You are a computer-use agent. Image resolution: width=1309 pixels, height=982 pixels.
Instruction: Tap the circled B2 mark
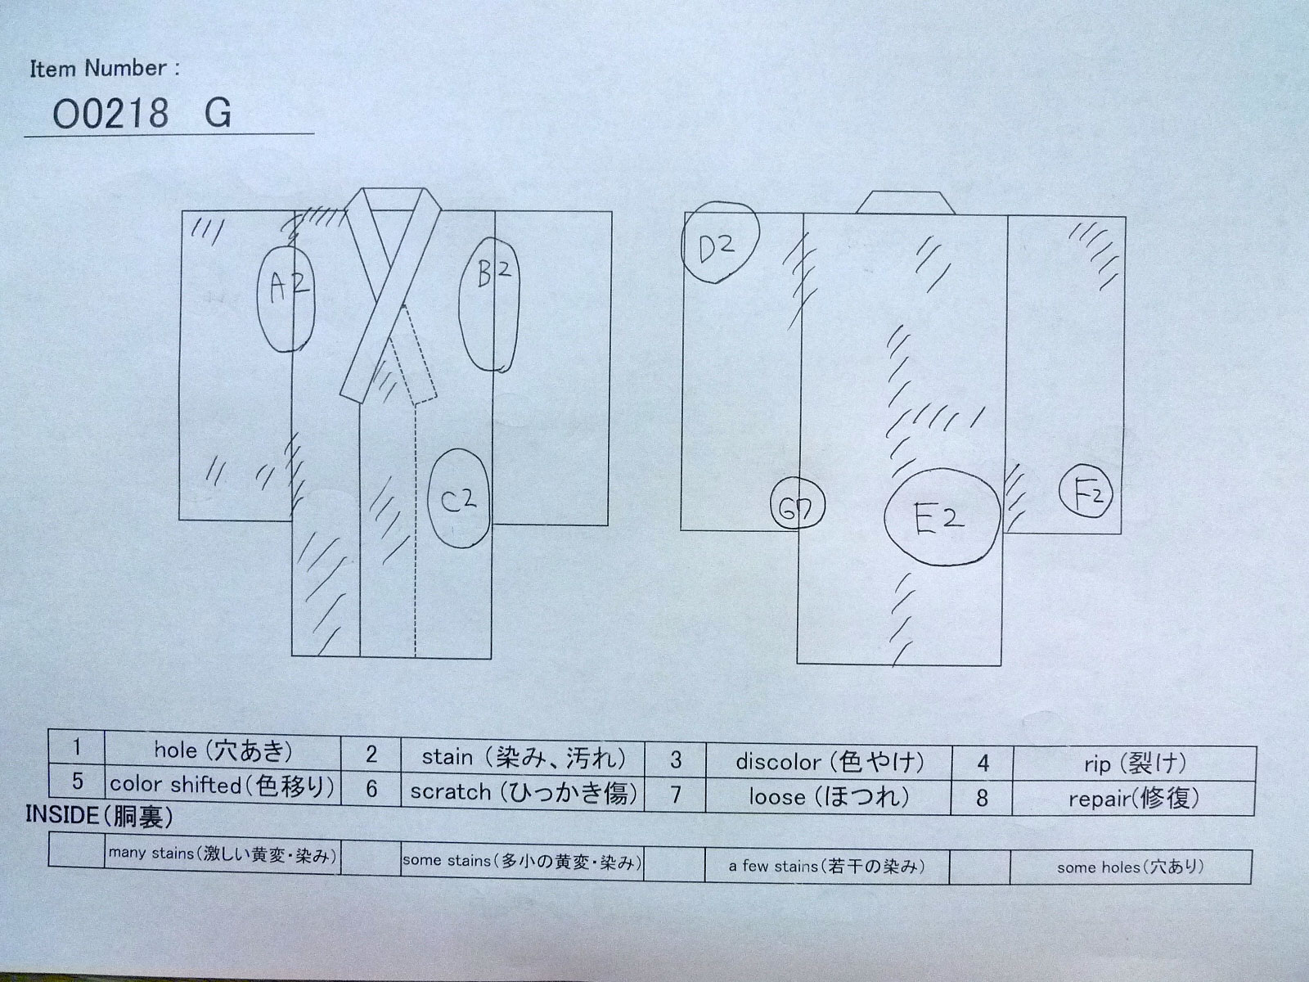click(489, 304)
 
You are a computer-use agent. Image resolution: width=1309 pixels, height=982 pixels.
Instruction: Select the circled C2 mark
click(459, 498)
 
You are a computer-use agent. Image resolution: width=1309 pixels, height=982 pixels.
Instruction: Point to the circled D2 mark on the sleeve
click(720, 242)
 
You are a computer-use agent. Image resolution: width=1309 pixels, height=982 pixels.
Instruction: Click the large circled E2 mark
click(942, 517)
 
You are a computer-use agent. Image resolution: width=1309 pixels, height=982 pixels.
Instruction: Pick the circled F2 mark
click(1086, 491)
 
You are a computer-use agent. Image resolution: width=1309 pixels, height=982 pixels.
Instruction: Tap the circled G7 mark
click(798, 504)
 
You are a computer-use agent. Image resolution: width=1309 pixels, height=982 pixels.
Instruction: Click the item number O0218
click(110, 113)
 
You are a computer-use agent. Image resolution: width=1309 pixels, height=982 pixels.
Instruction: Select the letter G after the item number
click(218, 113)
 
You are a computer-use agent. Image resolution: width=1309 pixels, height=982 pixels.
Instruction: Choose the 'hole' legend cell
click(223, 752)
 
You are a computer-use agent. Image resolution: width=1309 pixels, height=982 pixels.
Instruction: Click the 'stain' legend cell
click(523, 757)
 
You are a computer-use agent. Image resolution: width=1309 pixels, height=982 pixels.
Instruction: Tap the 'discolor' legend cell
click(830, 761)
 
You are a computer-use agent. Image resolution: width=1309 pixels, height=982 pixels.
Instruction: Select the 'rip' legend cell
click(1134, 764)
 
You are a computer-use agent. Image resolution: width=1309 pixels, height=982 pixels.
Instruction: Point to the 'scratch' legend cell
click(523, 792)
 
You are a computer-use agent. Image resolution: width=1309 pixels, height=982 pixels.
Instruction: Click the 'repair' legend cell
click(1134, 799)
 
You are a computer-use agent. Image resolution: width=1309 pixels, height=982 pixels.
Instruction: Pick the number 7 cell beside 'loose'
click(675, 795)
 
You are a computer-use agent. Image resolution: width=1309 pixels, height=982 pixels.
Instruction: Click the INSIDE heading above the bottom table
click(99, 816)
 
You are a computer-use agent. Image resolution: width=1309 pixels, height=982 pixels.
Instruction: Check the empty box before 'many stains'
click(76, 849)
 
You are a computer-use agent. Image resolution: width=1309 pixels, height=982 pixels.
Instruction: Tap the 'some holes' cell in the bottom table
click(1131, 867)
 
